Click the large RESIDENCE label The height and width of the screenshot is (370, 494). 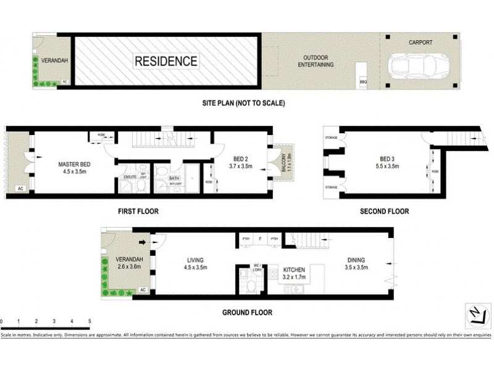(166, 61)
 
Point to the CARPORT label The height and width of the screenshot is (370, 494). (420, 43)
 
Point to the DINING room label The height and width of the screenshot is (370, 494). (357, 260)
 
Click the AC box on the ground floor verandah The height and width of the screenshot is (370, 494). (143, 289)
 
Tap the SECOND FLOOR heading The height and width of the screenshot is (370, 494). (384, 212)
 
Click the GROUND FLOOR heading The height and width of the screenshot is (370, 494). (247, 313)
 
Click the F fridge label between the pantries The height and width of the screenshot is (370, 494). (261, 238)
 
